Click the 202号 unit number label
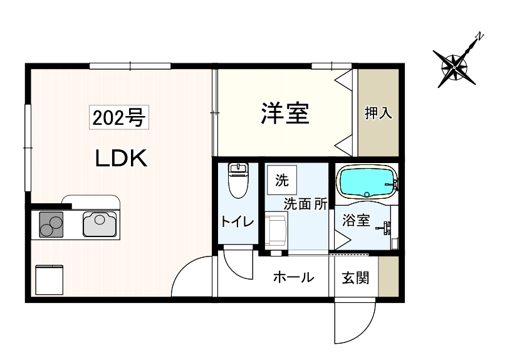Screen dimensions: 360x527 pyautogui.click(x=120, y=117)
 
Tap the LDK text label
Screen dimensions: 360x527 pyautogui.click(x=121, y=159)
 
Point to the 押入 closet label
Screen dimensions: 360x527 pyautogui.click(x=378, y=113)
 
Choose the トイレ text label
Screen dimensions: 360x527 pyautogui.click(x=237, y=221)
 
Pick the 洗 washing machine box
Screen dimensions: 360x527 pyautogui.click(x=282, y=182)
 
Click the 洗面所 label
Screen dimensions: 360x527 pyautogui.click(x=306, y=204)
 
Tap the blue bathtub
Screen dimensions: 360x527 pyautogui.click(x=366, y=182)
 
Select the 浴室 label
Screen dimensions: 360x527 pyautogui.click(x=356, y=221)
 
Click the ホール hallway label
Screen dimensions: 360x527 pyautogui.click(x=293, y=277)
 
